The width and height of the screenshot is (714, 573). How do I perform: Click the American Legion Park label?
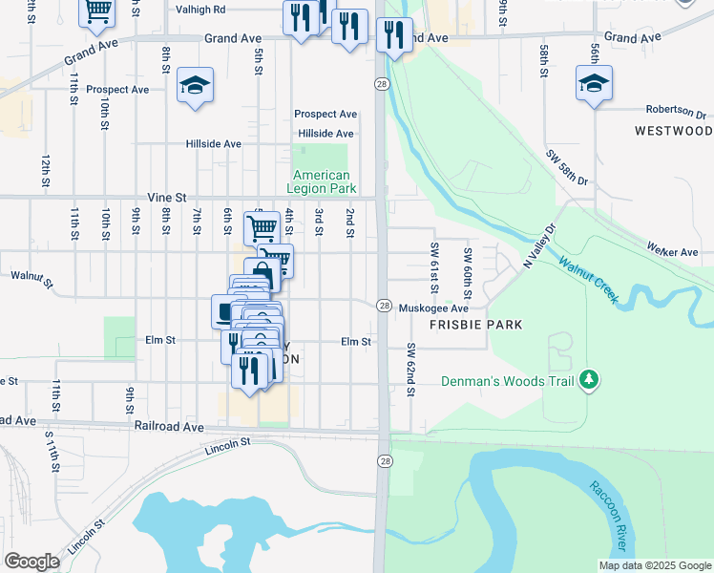click(x=321, y=181)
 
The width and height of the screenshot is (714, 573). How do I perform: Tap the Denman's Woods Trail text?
click(x=507, y=381)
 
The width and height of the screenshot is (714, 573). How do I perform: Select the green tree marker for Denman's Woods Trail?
click(x=590, y=380)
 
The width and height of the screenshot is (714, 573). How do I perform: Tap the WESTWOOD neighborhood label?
click(x=674, y=130)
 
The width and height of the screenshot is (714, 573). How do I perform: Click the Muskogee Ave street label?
click(x=433, y=308)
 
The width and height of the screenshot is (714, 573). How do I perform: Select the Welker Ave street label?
click(x=673, y=252)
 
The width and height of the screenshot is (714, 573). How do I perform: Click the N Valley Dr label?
click(x=537, y=246)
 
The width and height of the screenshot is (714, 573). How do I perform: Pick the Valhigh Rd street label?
click(x=200, y=10)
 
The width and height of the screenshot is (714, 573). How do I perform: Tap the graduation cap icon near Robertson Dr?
click(x=594, y=84)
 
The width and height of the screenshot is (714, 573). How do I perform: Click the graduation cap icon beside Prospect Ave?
click(x=195, y=86)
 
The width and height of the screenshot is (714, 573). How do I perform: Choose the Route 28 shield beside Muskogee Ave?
click(x=384, y=306)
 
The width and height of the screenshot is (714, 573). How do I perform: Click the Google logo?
click(x=32, y=562)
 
